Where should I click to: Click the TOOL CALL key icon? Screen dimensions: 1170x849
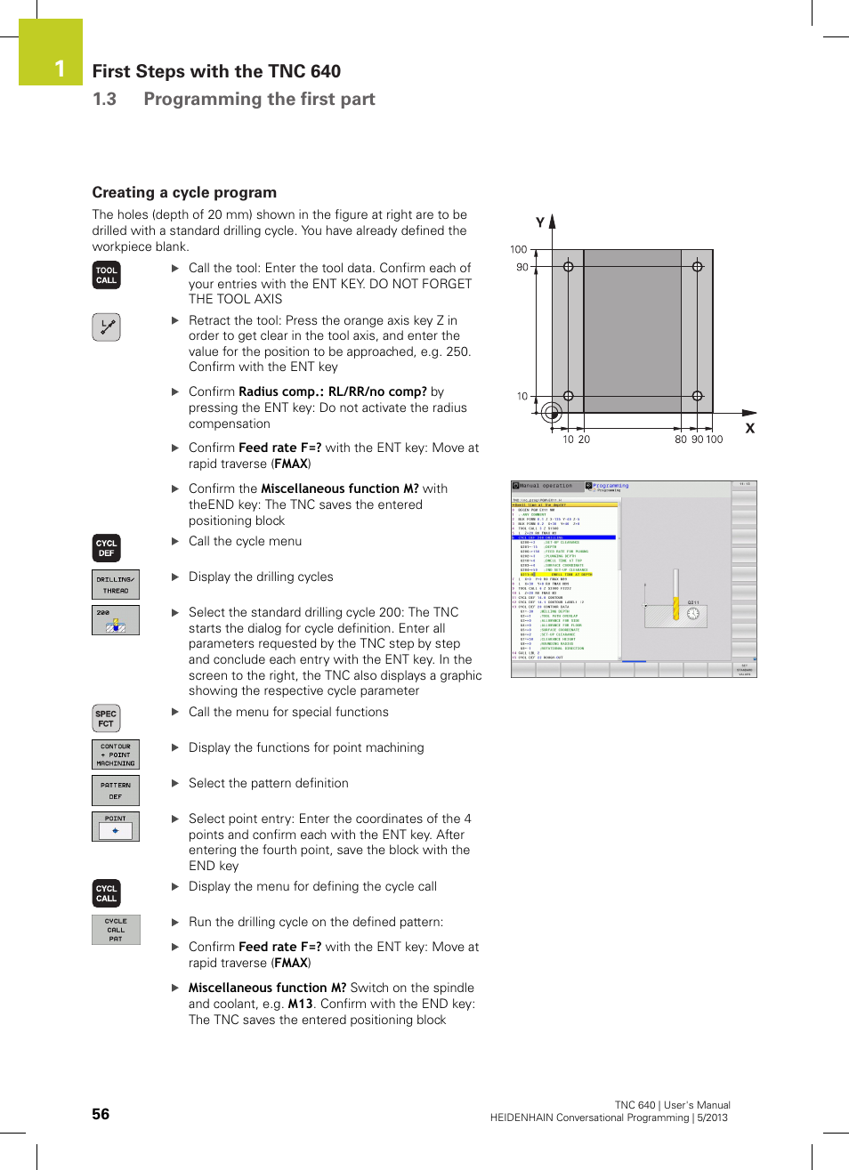pyautogui.click(x=107, y=276)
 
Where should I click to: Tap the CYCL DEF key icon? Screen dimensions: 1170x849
pyautogui.click(x=107, y=548)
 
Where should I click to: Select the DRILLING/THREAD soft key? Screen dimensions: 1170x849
pyautogui.click(x=116, y=585)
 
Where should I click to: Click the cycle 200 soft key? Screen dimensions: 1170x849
pyautogui.click(x=116, y=620)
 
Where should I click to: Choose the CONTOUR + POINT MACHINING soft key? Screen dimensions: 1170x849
pyautogui.click(x=116, y=754)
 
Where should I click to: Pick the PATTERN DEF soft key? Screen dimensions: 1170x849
pyautogui.click(x=116, y=790)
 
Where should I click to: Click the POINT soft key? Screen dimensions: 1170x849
pyautogui.click(x=116, y=827)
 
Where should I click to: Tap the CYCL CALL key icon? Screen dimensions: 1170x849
pyautogui.click(x=107, y=893)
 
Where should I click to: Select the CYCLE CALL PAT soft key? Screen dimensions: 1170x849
pyautogui.click(x=116, y=930)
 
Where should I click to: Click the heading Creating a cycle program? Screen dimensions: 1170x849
pyautogui.click(x=184, y=193)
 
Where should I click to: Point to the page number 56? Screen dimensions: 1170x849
pyautogui.click(x=101, y=1114)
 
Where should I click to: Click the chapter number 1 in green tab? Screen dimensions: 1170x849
pyautogui.click(x=59, y=69)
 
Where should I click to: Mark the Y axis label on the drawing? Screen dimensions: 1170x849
pyautogui.click(x=539, y=222)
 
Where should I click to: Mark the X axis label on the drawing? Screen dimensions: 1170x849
pyautogui.click(x=749, y=429)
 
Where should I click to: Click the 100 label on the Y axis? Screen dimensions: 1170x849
pyautogui.click(x=518, y=250)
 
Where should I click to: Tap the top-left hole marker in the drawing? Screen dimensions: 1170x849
pyautogui.click(x=569, y=267)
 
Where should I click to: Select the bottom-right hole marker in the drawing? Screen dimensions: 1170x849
pyautogui.click(x=698, y=396)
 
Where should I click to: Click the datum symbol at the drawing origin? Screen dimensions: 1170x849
pyautogui.click(x=552, y=412)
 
